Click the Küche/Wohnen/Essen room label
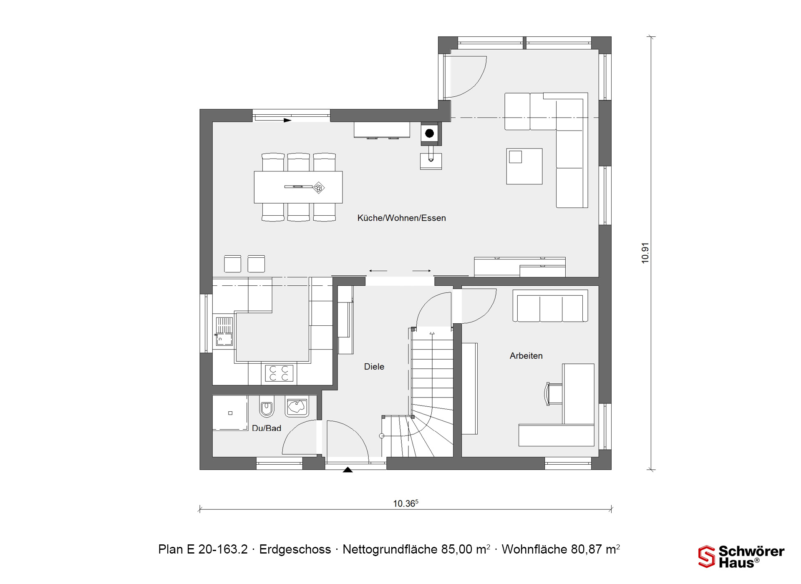pyautogui.click(x=401, y=218)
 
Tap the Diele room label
pyautogui.click(x=374, y=367)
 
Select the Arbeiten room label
pyautogui.click(x=526, y=356)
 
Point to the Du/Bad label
pyautogui.click(x=267, y=428)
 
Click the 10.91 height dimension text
pyautogui.click(x=645, y=253)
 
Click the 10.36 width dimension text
pyautogui.click(x=406, y=503)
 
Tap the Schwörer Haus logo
pyautogui.click(x=741, y=557)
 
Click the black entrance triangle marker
pyautogui.click(x=348, y=470)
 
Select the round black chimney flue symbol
pyautogui.click(x=429, y=133)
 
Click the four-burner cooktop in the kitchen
pyautogui.click(x=279, y=373)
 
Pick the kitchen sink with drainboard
pyautogui.click(x=224, y=331)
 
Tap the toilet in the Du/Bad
pyautogui.click(x=267, y=406)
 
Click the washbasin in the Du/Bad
pyautogui.click(x=297, y=406)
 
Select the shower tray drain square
pyautogui.click(x=230, y=413)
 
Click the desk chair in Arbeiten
pyautogui.click(x=553, y=394)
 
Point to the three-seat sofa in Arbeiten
pyautogui.click(x=550, y=306)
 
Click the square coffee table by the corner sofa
pyautogui.click(x=524, y=166)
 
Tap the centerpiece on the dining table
pyautogui.click(x=319, y=188)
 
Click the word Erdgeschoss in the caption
pyautogui.click(x=295, y=549)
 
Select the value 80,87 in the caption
pyautogui.click(x=587, y=549)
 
